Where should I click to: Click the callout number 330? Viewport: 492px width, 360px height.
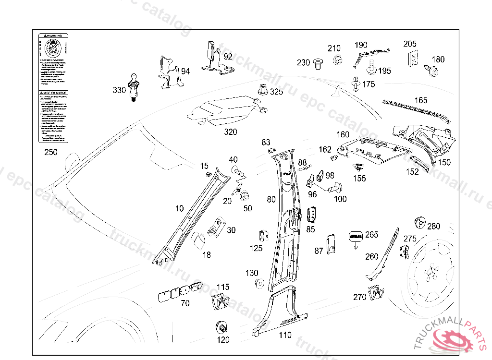point(119,90)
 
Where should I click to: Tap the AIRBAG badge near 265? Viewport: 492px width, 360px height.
point(356,236)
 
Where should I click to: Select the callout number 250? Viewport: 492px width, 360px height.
point(50,153)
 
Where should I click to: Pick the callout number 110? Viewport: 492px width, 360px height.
point(285,335)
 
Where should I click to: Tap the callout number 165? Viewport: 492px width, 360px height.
point(420,100)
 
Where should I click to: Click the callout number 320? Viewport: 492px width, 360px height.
point(231,132)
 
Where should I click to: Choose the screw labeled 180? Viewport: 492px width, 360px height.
point(432,71)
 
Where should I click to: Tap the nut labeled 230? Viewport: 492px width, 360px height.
point(317,63)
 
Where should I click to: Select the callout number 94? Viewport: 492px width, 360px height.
point(185,72)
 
